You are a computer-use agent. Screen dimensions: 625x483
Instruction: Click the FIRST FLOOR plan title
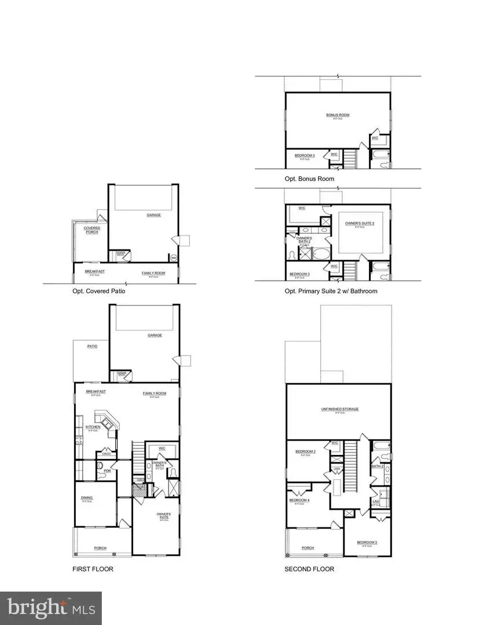pos(93,569)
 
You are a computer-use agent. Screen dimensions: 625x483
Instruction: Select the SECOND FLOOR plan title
pos(309,569)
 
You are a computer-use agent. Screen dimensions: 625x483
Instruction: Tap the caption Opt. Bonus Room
pos(309,179)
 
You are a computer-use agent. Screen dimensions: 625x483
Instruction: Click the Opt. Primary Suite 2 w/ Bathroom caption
pos(331,291)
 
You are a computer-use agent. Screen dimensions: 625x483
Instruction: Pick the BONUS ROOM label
pos(337,115)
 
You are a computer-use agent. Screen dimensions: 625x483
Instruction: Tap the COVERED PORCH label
pos(92,230)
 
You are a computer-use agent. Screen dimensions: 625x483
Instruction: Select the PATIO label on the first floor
pos(92,346)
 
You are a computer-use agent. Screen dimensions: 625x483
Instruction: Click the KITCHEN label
pos(93,427)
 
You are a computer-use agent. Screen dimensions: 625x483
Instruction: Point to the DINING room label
pos(87,498)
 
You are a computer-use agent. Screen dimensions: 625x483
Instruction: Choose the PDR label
pos(107,470)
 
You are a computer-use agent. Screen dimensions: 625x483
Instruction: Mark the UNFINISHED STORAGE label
pos(340,409)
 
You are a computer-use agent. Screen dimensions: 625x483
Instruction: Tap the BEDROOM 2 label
pos(369,542)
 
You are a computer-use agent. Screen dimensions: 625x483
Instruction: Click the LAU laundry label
pos(375,502)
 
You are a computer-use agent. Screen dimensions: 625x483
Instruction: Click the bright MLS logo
pos(51,608)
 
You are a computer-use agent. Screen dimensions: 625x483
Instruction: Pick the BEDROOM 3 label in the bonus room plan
pos(305,155)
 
